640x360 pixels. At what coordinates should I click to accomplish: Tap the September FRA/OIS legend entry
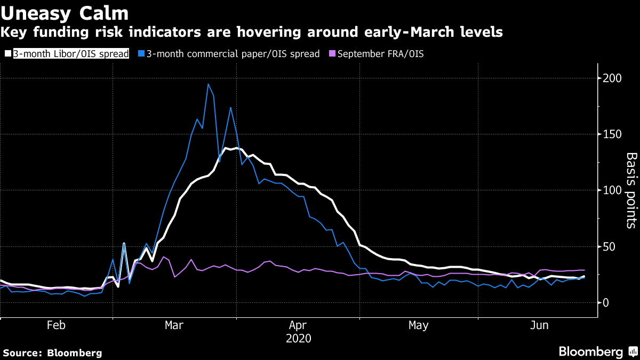(x=380, y=54)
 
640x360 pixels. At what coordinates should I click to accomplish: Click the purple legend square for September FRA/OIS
(x=333, y=54)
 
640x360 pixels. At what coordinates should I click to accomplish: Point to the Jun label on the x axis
(x=539, y=325)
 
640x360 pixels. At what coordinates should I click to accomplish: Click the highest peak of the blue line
(x=208, y=84)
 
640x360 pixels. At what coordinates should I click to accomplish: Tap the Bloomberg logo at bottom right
(x=596, y=352)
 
